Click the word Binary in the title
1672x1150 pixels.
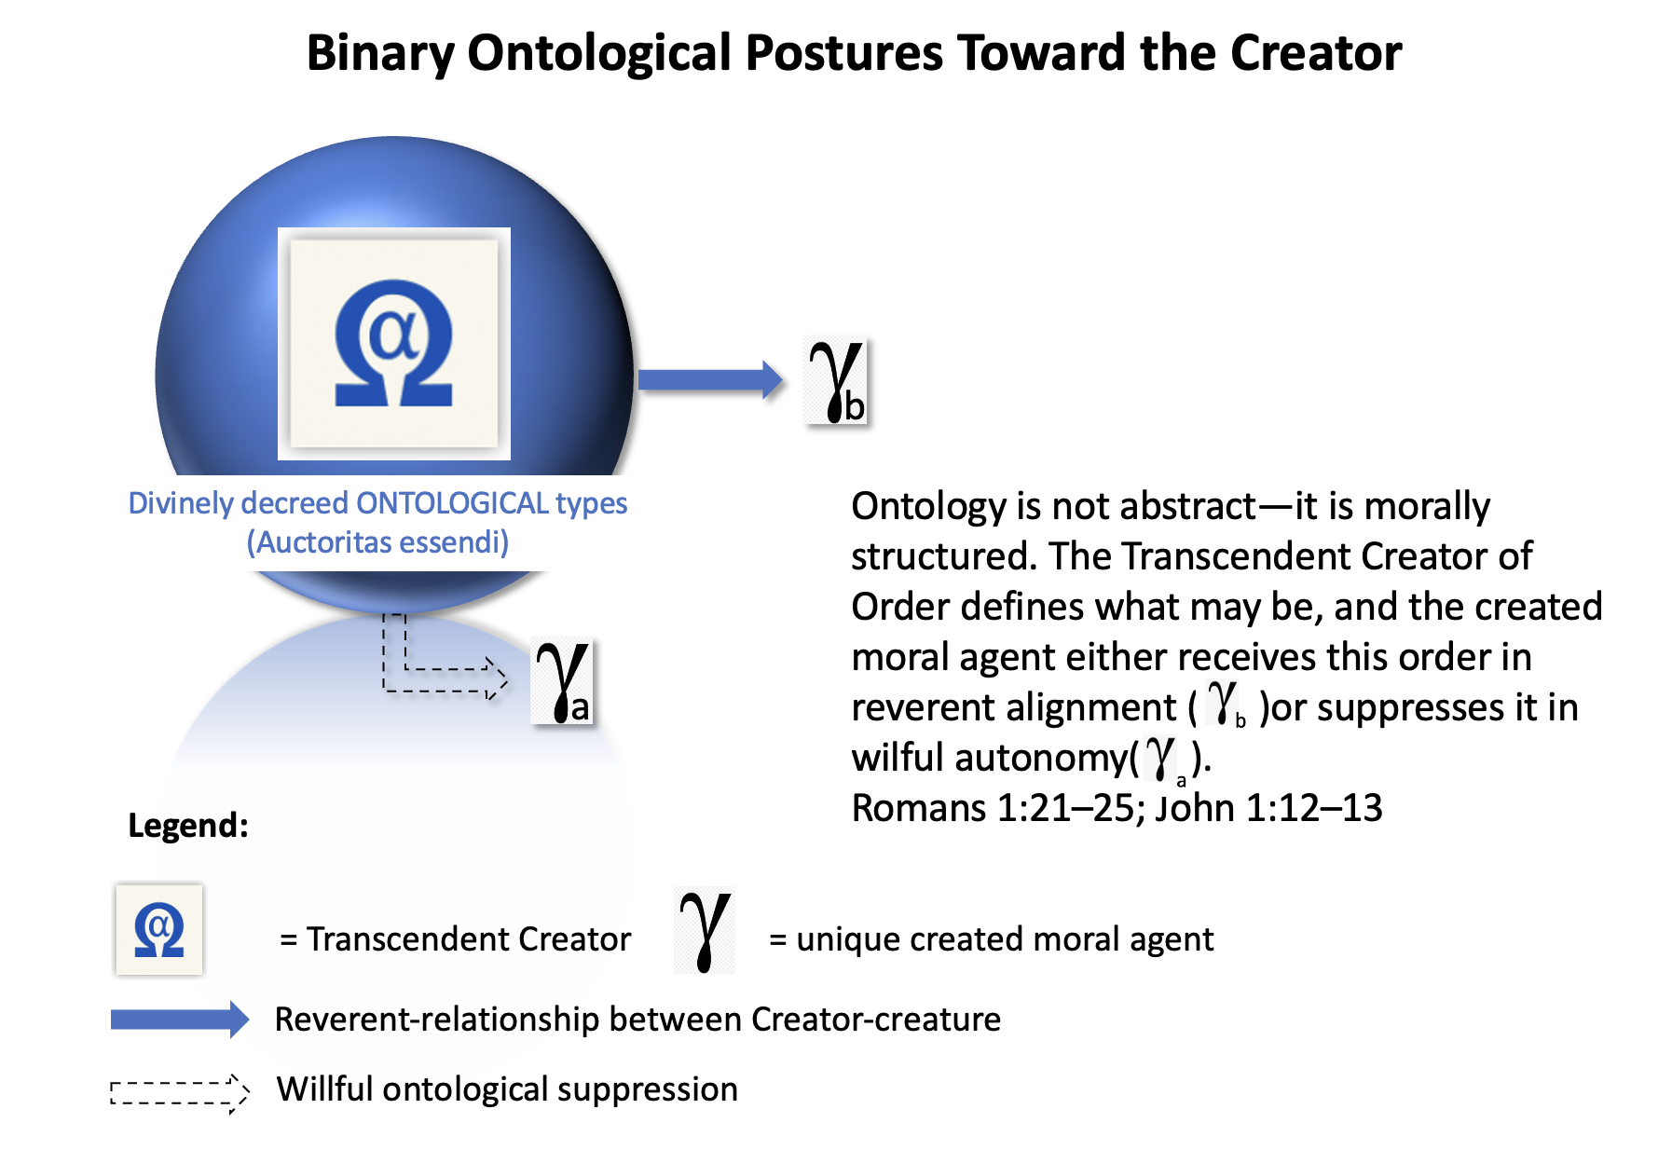[x=380, y=54]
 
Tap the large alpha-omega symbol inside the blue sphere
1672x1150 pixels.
[x=393, y=344]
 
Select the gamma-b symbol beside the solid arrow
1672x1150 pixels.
[x=836, y=381]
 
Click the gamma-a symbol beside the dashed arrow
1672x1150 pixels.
[x=562, y=682]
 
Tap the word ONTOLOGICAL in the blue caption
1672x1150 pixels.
[x=452, y=503]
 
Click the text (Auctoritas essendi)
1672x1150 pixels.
[x=377, y=542]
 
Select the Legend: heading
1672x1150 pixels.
[x=188, y=826]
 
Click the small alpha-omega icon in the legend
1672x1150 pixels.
[x=159, y=929]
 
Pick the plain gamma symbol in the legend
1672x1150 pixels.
[x=705, y=930]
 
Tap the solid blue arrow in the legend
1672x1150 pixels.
[x=180, y=1020]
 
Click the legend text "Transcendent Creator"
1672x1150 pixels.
[x=469, y=939]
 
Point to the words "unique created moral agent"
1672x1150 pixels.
[x=1005, y=939]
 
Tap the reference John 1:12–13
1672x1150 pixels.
[x=1268, y=808]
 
